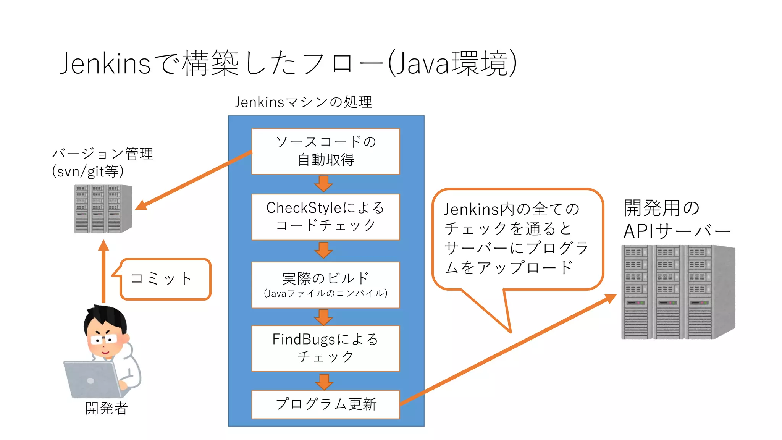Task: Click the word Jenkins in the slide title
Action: click(x=105, y=63)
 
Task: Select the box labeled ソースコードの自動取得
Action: click(x=325, y=151)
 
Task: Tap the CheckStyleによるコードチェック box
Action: click(x=325, y=217)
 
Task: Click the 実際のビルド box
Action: click(x=325, y=285)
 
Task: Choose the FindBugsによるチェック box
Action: click(x=325, y=348)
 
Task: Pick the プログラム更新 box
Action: click(x=325, y=404)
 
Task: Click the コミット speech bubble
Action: click(x=165, y=279)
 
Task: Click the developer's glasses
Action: click(x=104, y=340)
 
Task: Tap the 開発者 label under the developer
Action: click(x=106, y=408)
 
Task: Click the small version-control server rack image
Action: click(x=103, y=209)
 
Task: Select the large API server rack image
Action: click(x=678, y=292)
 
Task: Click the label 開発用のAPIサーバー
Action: click(x=676, y=219)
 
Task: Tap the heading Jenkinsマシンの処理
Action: click(x=303, y=102)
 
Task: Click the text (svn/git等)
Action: click(x=88, y=171)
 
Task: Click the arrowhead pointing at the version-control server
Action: click(x=142, y=205)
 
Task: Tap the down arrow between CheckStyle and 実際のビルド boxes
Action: click(x=323, y=250)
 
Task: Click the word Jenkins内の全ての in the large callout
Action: click(x=512, y=209)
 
